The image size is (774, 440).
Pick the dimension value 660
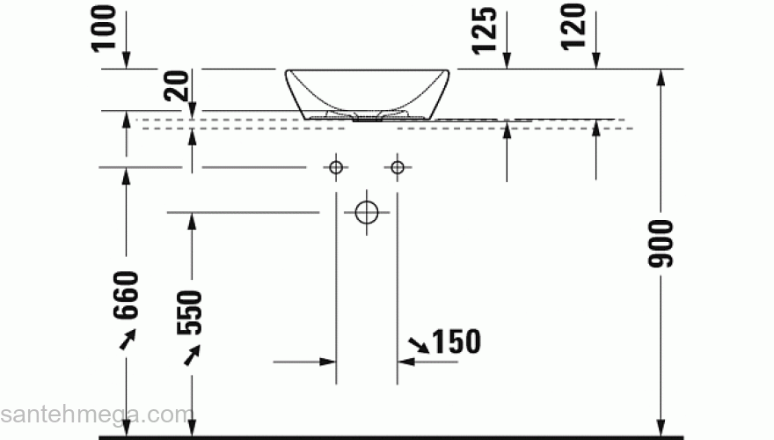pos(127,295)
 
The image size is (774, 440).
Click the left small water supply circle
pos(335,166)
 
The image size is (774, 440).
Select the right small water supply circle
pos(398,166)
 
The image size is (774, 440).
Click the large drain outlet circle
pos(366,212)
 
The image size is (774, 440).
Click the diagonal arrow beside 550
pos(192,354)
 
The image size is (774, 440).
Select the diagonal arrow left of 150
pos(419,344)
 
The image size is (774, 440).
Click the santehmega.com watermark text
pos(96,414)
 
